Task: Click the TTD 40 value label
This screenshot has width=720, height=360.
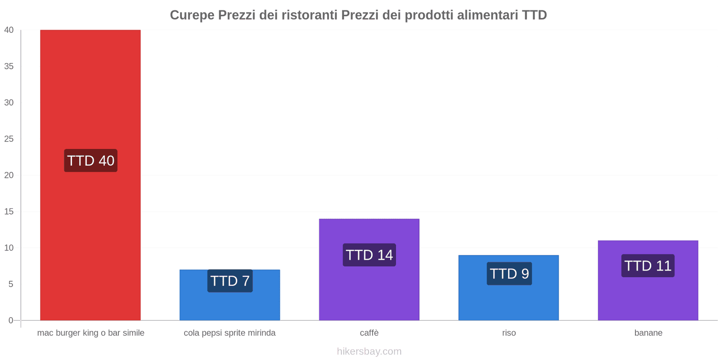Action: click(x=90, y=161)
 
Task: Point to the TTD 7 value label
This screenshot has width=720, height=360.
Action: click(x=230, y=281)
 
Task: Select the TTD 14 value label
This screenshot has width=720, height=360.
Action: click(x=369, y=255)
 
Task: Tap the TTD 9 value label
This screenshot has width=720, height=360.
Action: click(x=509, y=274)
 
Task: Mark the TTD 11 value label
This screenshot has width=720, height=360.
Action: click(x=648, y=266)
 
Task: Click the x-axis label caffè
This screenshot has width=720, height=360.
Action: click(x=369, y=333)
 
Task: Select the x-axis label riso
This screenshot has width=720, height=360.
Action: click(x=509, y=333)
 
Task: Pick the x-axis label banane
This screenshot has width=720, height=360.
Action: click(x=648, y=333)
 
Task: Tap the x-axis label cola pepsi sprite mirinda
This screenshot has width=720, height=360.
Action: click(x=229, y=333)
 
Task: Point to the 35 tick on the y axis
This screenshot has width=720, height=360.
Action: click(x=9, y=66)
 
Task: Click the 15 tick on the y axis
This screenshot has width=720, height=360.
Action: click(x=9, y=211)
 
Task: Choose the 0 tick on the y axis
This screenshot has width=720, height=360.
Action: click(x=11, y=320)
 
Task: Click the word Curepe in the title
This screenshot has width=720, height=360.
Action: click(x=192, y=15)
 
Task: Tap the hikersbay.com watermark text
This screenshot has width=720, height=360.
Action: click(x=369, y=351)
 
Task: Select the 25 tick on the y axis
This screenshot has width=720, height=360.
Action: click(x=9, y=139)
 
